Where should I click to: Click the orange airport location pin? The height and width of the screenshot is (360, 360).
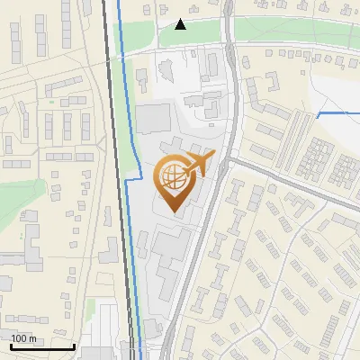pos(175,180)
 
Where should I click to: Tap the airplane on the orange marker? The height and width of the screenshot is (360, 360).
pos(197,165)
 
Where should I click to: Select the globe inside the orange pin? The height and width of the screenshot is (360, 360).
pos(173,177)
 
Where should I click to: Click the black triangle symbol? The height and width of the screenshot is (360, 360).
pos(181,24)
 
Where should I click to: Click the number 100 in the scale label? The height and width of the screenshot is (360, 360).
pos(19,338)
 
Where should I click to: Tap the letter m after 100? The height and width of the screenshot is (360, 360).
pos(32,338)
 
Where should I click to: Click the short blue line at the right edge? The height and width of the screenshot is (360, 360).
pos(337,114)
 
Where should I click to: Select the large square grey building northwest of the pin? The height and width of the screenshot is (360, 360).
pos(153,118)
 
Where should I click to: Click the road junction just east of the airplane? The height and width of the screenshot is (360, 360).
pos(228,160)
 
